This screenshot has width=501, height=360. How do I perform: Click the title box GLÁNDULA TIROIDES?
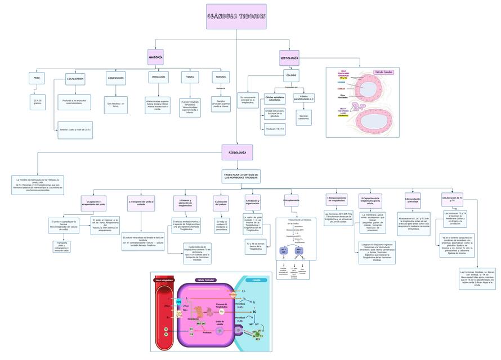(236, 16)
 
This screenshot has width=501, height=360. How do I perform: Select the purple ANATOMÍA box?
(155, 57)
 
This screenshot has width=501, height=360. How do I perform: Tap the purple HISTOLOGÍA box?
(289, 57)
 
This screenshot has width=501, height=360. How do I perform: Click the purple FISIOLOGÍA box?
(237, 152)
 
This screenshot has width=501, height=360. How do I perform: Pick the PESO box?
(37, 78)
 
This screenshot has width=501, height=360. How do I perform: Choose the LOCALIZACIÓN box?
(75, 79)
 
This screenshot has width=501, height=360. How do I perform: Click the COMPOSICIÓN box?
(115, 78)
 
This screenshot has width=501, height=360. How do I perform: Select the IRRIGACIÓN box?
(158, 78)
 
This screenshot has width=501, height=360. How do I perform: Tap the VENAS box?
(190, 78)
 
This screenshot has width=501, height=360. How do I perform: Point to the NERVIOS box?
(221, 78)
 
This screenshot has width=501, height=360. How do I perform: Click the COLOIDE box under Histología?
(291, 75)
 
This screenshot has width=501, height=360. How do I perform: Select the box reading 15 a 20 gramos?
(38, 101)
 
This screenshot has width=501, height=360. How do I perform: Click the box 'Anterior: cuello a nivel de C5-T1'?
(75, 130)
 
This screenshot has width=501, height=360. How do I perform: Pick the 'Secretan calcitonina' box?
(303, 117)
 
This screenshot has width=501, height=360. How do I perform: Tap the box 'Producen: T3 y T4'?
(275, 129)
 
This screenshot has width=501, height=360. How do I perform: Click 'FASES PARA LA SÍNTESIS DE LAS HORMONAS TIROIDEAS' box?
(241, 177)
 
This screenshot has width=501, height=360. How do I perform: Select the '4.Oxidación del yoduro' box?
(221, 202)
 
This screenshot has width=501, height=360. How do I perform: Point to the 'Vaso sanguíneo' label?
(164, 280)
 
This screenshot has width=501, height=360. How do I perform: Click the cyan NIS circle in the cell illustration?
(178, 302)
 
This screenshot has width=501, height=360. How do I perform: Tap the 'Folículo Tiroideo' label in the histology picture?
(384, 72)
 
